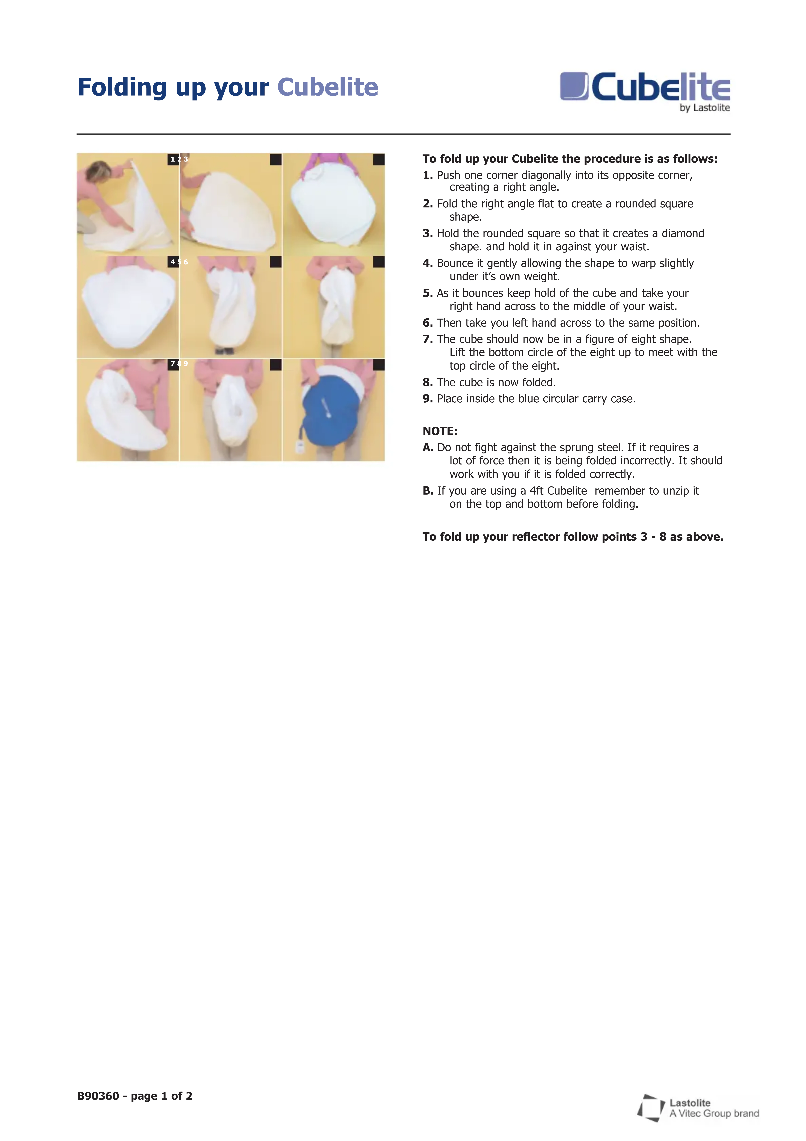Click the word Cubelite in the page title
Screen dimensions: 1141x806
pyautogui.click(x=327, y=87)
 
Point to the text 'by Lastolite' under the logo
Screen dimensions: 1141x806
pyautogui.click(x=705, y=108)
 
